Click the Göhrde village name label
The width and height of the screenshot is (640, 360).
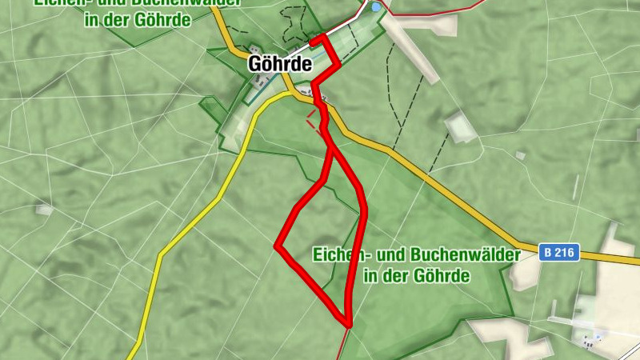click(x=279, y=64)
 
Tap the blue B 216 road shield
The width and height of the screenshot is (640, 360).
click(x=558, y=252)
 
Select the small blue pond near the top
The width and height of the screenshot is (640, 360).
click(x=376, y=6)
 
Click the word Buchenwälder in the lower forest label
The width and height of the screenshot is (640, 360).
click(x=465, y=255)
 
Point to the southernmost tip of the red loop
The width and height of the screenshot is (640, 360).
click(x=349, y=323)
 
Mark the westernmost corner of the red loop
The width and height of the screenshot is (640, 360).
click(x=277, y=246)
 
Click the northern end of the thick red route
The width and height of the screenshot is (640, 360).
click(x=313, y=38)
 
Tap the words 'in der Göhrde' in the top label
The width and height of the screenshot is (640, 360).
click(x=138, y=19)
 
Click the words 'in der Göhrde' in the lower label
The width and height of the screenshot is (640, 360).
click(x=416, y=276)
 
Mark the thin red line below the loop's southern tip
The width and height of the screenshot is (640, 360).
click(x=342, y=344)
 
